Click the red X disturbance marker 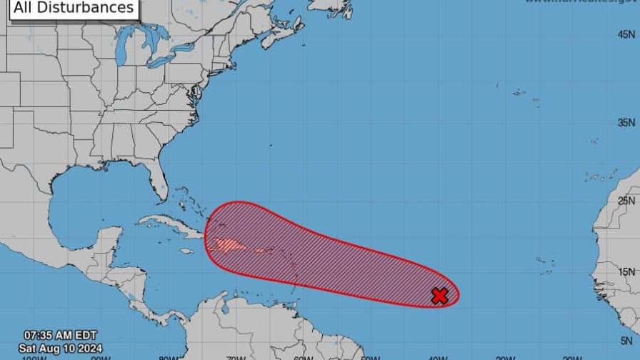tap(439, 296)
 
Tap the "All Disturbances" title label tap(74, 8)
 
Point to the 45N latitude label tap(627, 34)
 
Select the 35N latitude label tap(627, 123)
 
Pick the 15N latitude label tap(627, 271)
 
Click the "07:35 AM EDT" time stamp tap(60, 334)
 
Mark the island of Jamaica tap(186, 251)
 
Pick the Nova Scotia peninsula tap(274, 35)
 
